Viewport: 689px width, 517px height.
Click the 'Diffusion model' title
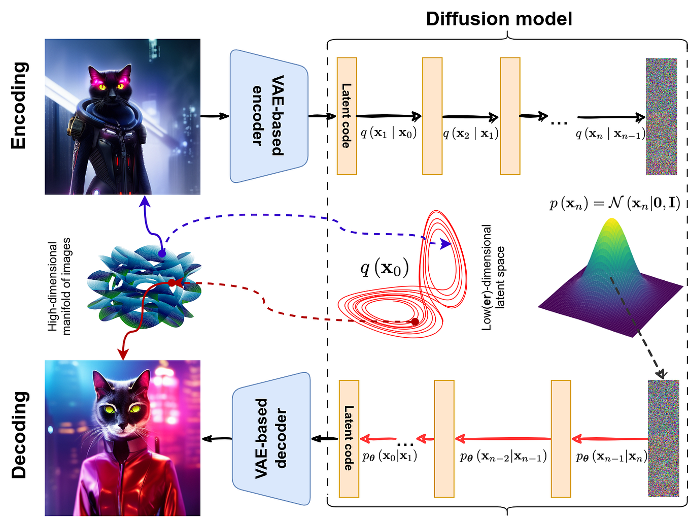tap(499, 19)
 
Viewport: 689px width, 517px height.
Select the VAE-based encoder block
tap(269, 116)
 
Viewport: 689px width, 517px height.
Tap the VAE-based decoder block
tap(271, 438)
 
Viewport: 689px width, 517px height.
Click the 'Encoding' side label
tap(19, 105)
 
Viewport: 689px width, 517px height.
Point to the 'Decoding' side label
tap(19, 435)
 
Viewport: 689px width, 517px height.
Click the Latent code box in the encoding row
tap(347, 116)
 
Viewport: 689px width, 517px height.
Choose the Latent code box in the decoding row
tap(349, 438)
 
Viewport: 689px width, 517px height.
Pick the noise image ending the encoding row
tap(661, 116)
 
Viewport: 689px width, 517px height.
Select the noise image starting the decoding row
tap(663, 438)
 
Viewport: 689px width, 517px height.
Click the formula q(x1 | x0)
tap(388, 133)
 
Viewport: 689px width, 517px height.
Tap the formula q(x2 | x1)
tap(470, 134)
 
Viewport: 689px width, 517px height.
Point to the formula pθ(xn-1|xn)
tap(611, 457)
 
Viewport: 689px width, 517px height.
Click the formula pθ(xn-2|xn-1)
tap(503, 457)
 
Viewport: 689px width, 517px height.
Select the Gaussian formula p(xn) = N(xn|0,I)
tap(614, 203)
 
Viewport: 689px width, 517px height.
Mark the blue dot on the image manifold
tap(162, 253)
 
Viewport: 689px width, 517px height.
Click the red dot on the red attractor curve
tap(415, 321)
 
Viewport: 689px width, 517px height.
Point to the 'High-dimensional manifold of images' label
tap(59, 286)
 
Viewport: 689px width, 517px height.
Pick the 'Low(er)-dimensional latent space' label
tap(493, 278)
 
